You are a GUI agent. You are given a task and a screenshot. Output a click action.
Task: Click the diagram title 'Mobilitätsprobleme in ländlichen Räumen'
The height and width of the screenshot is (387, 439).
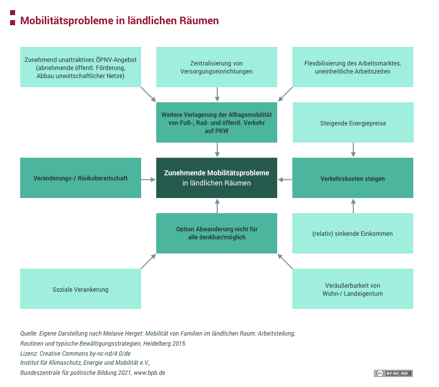[x=119, y=21]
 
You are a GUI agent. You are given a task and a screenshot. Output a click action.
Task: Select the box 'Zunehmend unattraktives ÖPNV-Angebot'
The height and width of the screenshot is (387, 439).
[x=81, y=67]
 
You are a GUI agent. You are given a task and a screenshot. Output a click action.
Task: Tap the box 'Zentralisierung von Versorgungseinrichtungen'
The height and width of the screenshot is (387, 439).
[x=217, y=67]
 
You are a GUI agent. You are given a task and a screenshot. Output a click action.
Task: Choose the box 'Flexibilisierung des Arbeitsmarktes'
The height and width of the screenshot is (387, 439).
[x=353, y=67]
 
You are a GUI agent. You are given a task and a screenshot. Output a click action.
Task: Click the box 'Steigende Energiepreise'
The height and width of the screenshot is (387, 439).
[x=353, y=122]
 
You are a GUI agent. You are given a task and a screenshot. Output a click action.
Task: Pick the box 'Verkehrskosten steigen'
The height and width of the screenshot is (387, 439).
[x=353, y=178]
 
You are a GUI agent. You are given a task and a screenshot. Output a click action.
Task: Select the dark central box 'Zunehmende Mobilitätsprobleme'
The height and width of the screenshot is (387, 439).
[x=217, y=178]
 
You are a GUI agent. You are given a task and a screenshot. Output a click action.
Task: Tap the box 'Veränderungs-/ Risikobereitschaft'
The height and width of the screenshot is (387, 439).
[x=81, y=178]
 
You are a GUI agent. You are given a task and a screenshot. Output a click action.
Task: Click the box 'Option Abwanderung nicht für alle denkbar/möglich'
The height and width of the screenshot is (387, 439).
[x=217, y=233]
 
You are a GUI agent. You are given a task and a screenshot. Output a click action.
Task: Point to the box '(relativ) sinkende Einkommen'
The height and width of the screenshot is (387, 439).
[x=353, y=233]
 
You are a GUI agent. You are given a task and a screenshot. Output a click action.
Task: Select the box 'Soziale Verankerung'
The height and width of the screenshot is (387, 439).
[x=81, y=289]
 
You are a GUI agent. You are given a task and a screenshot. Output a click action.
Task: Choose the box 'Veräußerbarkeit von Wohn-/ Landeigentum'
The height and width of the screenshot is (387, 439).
[x=353, y=289]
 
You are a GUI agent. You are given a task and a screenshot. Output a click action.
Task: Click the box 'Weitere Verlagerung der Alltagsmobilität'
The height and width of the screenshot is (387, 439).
[x=217, y=122]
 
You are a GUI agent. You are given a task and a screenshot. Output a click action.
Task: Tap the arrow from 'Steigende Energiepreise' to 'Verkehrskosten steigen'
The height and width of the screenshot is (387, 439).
[x=353, y=150]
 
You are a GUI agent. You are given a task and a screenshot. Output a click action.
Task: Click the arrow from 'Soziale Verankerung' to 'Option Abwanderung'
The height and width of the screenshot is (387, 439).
[x=149, y=261]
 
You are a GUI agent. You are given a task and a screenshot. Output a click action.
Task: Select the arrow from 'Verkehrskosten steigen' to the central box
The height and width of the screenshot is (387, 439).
[x=285, y=179]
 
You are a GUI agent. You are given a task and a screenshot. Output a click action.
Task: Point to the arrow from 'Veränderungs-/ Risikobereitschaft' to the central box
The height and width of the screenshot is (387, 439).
[x=149, y=179]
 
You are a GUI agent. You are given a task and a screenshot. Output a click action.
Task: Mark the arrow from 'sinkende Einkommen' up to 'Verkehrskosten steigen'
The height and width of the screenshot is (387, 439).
[x=353, y=205]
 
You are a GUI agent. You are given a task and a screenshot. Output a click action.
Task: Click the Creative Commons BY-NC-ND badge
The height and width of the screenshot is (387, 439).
[x=393, y=373]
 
